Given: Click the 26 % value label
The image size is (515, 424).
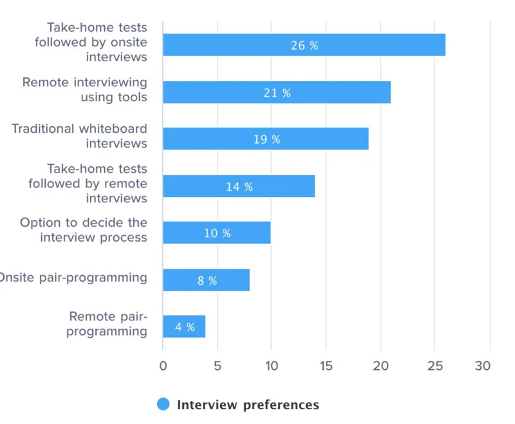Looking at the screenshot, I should (304, 46).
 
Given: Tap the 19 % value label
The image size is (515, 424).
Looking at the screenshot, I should (267, 139).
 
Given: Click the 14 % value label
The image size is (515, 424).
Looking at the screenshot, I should (239, 187).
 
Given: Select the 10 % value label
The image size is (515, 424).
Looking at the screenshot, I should (217, 233).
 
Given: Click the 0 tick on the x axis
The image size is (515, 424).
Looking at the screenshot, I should (163, 366).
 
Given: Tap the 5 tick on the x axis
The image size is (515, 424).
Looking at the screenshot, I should (218, 366).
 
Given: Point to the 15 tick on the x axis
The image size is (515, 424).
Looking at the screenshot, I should (326, 366).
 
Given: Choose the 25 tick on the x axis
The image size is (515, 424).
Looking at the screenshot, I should (435, 366).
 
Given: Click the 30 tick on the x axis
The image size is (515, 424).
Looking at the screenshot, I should (483, 366).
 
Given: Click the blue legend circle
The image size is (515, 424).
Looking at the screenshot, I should (164, 405).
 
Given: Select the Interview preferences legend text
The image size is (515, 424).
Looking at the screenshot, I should (248, 405).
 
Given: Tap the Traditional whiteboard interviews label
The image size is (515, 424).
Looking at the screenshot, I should (79, 136).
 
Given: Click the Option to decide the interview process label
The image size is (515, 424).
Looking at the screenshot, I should (84, 230).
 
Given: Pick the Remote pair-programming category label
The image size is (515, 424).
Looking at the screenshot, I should (108, 324).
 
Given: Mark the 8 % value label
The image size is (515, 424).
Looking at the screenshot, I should (207, 280).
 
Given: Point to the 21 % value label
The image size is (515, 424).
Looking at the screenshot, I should (277, 93).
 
